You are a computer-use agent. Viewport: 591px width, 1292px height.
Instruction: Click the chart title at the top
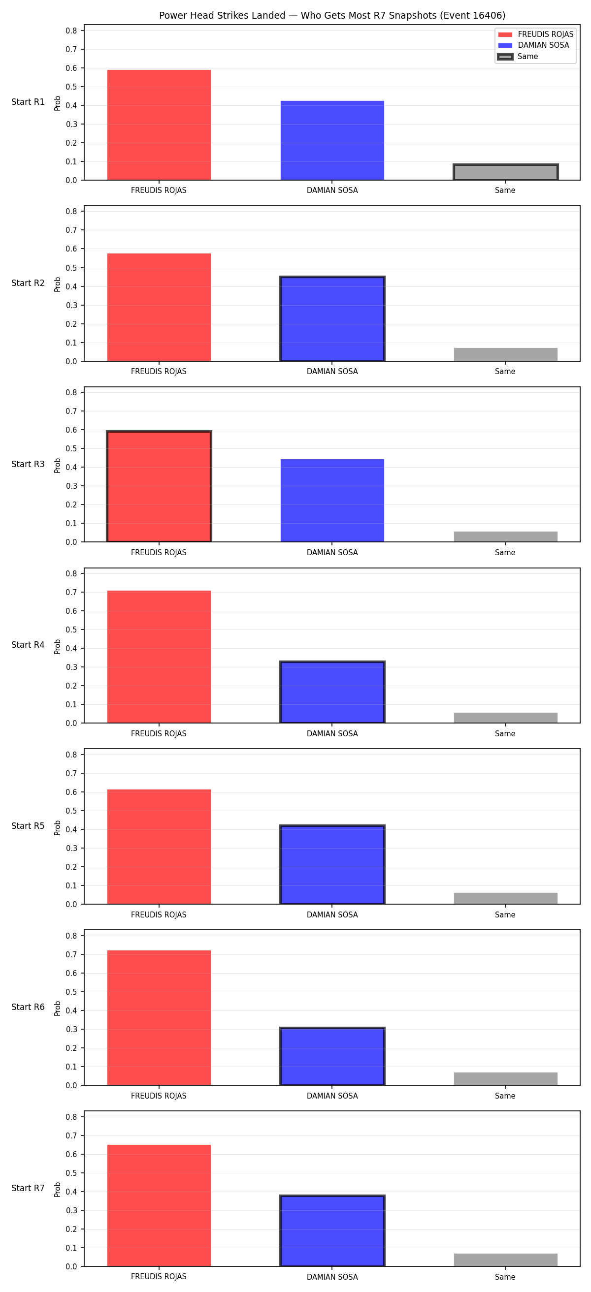[332, 16]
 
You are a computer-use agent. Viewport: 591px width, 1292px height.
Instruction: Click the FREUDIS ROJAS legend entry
[535, 34]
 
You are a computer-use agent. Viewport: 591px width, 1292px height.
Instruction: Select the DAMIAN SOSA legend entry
[533, 45]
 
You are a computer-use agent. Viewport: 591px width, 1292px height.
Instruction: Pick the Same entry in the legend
[517, 57]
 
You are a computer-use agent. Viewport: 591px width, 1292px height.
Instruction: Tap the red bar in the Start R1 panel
[159, 125]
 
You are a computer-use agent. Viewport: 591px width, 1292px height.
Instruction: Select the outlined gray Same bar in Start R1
[505, 172]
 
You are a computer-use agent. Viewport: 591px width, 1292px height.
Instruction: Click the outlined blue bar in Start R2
[332, 318]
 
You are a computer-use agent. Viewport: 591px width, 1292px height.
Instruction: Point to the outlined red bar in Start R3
[159, 486]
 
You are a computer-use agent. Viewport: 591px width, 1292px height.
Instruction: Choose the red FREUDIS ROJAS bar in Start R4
[159, 657]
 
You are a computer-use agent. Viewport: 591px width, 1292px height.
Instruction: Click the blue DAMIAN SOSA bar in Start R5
[332, 864]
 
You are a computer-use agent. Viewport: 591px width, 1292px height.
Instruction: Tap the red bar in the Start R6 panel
[159, 1018]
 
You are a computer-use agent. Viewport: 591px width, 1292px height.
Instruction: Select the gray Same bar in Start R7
[505, 1260]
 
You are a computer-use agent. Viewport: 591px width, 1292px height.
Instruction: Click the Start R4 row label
[28, 645]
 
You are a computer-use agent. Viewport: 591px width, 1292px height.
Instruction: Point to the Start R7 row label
[28, 1188]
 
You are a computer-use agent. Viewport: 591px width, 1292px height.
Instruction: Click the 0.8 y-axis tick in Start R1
[71, 31]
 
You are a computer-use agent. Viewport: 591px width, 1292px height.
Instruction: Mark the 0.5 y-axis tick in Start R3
[71, 448]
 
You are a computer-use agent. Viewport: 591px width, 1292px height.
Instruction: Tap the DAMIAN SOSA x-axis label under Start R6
[332, 1096]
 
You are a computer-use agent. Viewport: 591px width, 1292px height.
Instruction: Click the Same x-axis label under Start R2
[505, 372]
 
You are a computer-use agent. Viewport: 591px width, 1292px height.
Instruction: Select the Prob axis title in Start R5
[58, 827]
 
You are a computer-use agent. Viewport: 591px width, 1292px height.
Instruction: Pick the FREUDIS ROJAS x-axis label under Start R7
[159, 1276]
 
